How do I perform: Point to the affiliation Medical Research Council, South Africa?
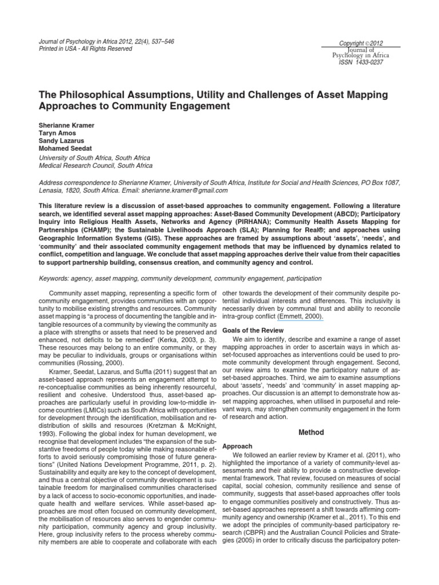pos(95,166)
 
